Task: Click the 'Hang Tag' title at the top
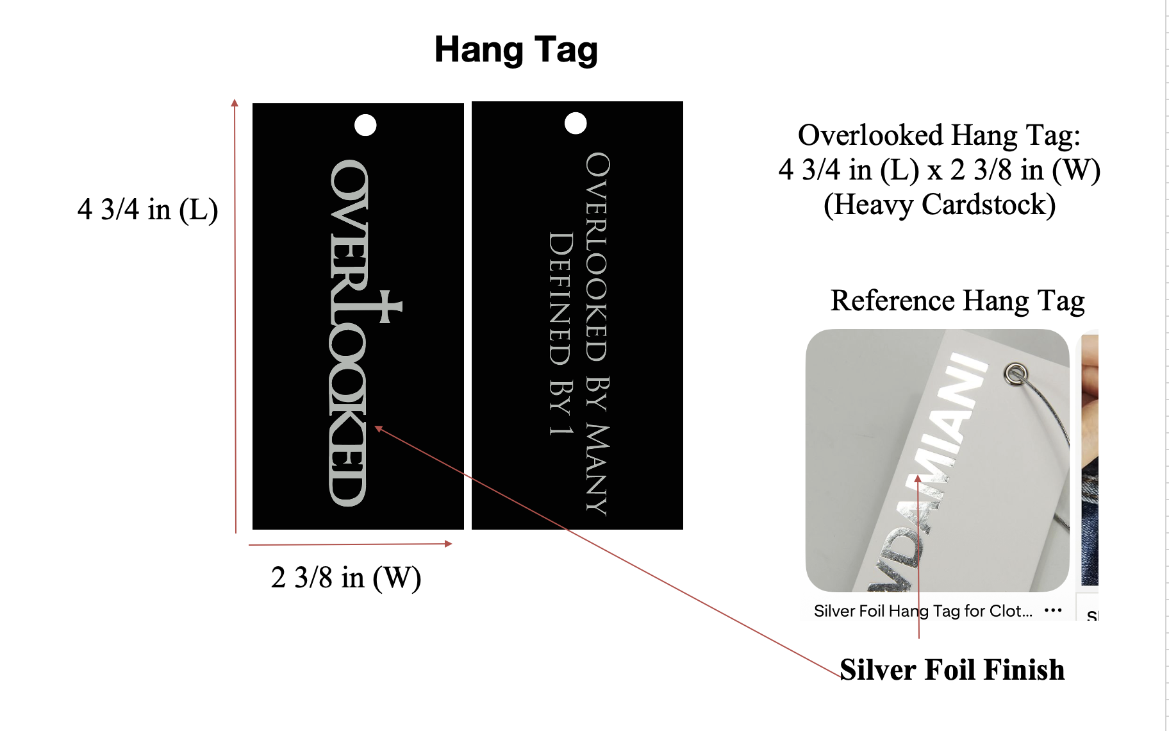[x=516, y=50]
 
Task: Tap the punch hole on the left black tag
[x=365, y=125]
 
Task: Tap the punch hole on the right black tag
[x=576, y=123]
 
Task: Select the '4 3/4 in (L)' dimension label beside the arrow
[x=148, y=210]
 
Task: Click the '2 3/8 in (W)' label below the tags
[x=346, y=578]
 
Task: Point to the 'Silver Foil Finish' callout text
[x=952, y=669]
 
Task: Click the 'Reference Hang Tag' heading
[x=958, y=301]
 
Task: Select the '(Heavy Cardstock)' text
[x=940, y=205]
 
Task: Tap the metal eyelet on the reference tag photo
[x=1016, y=373]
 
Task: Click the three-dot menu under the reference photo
[x=1053, y=610]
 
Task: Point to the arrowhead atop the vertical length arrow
[x=235, y=103]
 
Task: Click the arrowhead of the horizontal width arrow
[x=449, y=544]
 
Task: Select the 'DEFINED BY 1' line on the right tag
[x=560, y=334]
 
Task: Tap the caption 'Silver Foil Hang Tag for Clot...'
[x=923, y=611]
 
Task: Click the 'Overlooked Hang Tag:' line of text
[x=940, y=135]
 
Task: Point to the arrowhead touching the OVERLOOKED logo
[x=379, y=428]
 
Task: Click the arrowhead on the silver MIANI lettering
[x=918, y=478]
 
